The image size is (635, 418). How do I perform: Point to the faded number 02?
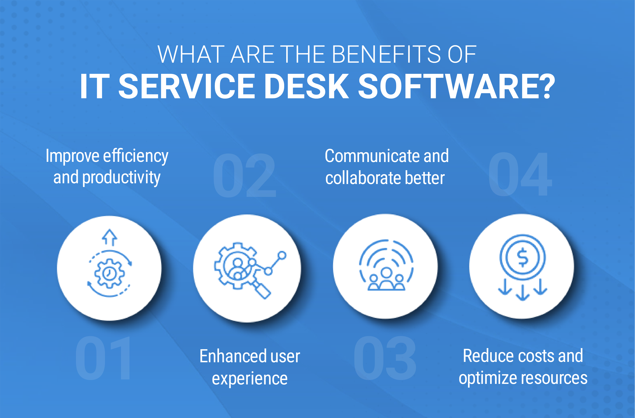(x=245, y=175)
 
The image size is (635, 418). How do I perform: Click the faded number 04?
(x=520, y=174)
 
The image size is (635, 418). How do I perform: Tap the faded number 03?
(x=385, y=358)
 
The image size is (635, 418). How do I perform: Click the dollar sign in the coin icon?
(x=522, y=257)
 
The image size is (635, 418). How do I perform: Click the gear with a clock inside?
(x=109, y=274)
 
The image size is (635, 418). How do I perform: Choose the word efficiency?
(x=136, y=156)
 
